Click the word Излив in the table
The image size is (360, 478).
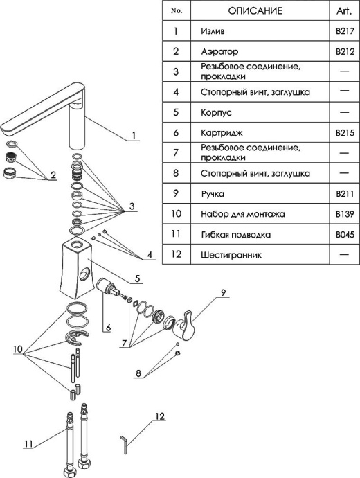[x=213, y=31]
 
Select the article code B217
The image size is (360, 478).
[x=345, y=31]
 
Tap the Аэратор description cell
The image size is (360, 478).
[x=260, y=51]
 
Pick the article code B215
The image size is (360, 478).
[x=345, y=133]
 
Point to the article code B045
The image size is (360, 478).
[x=345, y=235]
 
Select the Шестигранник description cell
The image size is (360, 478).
[x=260, y=254]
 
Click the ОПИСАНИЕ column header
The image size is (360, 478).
[x=255, y=11]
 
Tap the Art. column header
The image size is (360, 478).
[x=344, y=11]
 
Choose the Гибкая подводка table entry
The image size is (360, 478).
[x=236, y=235]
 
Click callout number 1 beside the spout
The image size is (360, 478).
[x=134, y=135]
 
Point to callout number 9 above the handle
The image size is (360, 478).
[x=223, y=292]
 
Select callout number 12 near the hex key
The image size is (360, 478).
[x=160, y=416]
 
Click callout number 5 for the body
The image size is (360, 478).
[x=137, y=278]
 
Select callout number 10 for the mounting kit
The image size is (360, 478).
[x=18, y=349]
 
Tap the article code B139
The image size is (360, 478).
[x=345, y=214]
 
